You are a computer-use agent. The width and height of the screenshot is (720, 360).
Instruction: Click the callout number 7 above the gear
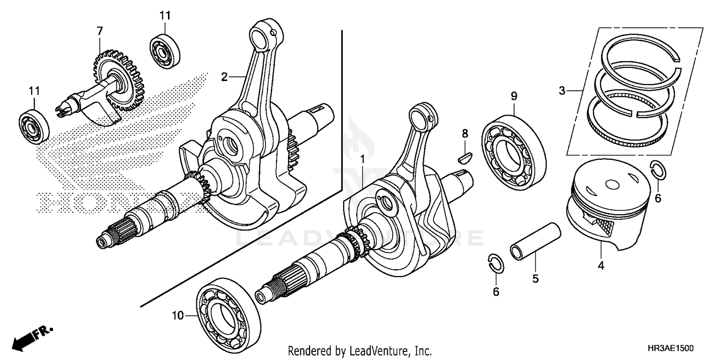pyautogui.click(x=99, y=31)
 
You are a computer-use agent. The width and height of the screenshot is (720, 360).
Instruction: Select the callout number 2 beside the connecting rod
pyautogui.click(x=224, y=76)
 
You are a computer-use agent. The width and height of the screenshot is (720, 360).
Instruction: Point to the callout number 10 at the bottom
pyautogui.click(x=178, y=315)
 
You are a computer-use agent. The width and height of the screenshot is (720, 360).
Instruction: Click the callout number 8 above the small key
pyautogui.click(x=465, y=133)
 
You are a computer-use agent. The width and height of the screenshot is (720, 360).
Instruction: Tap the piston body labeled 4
pyautogui.click(x=607, y=206)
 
